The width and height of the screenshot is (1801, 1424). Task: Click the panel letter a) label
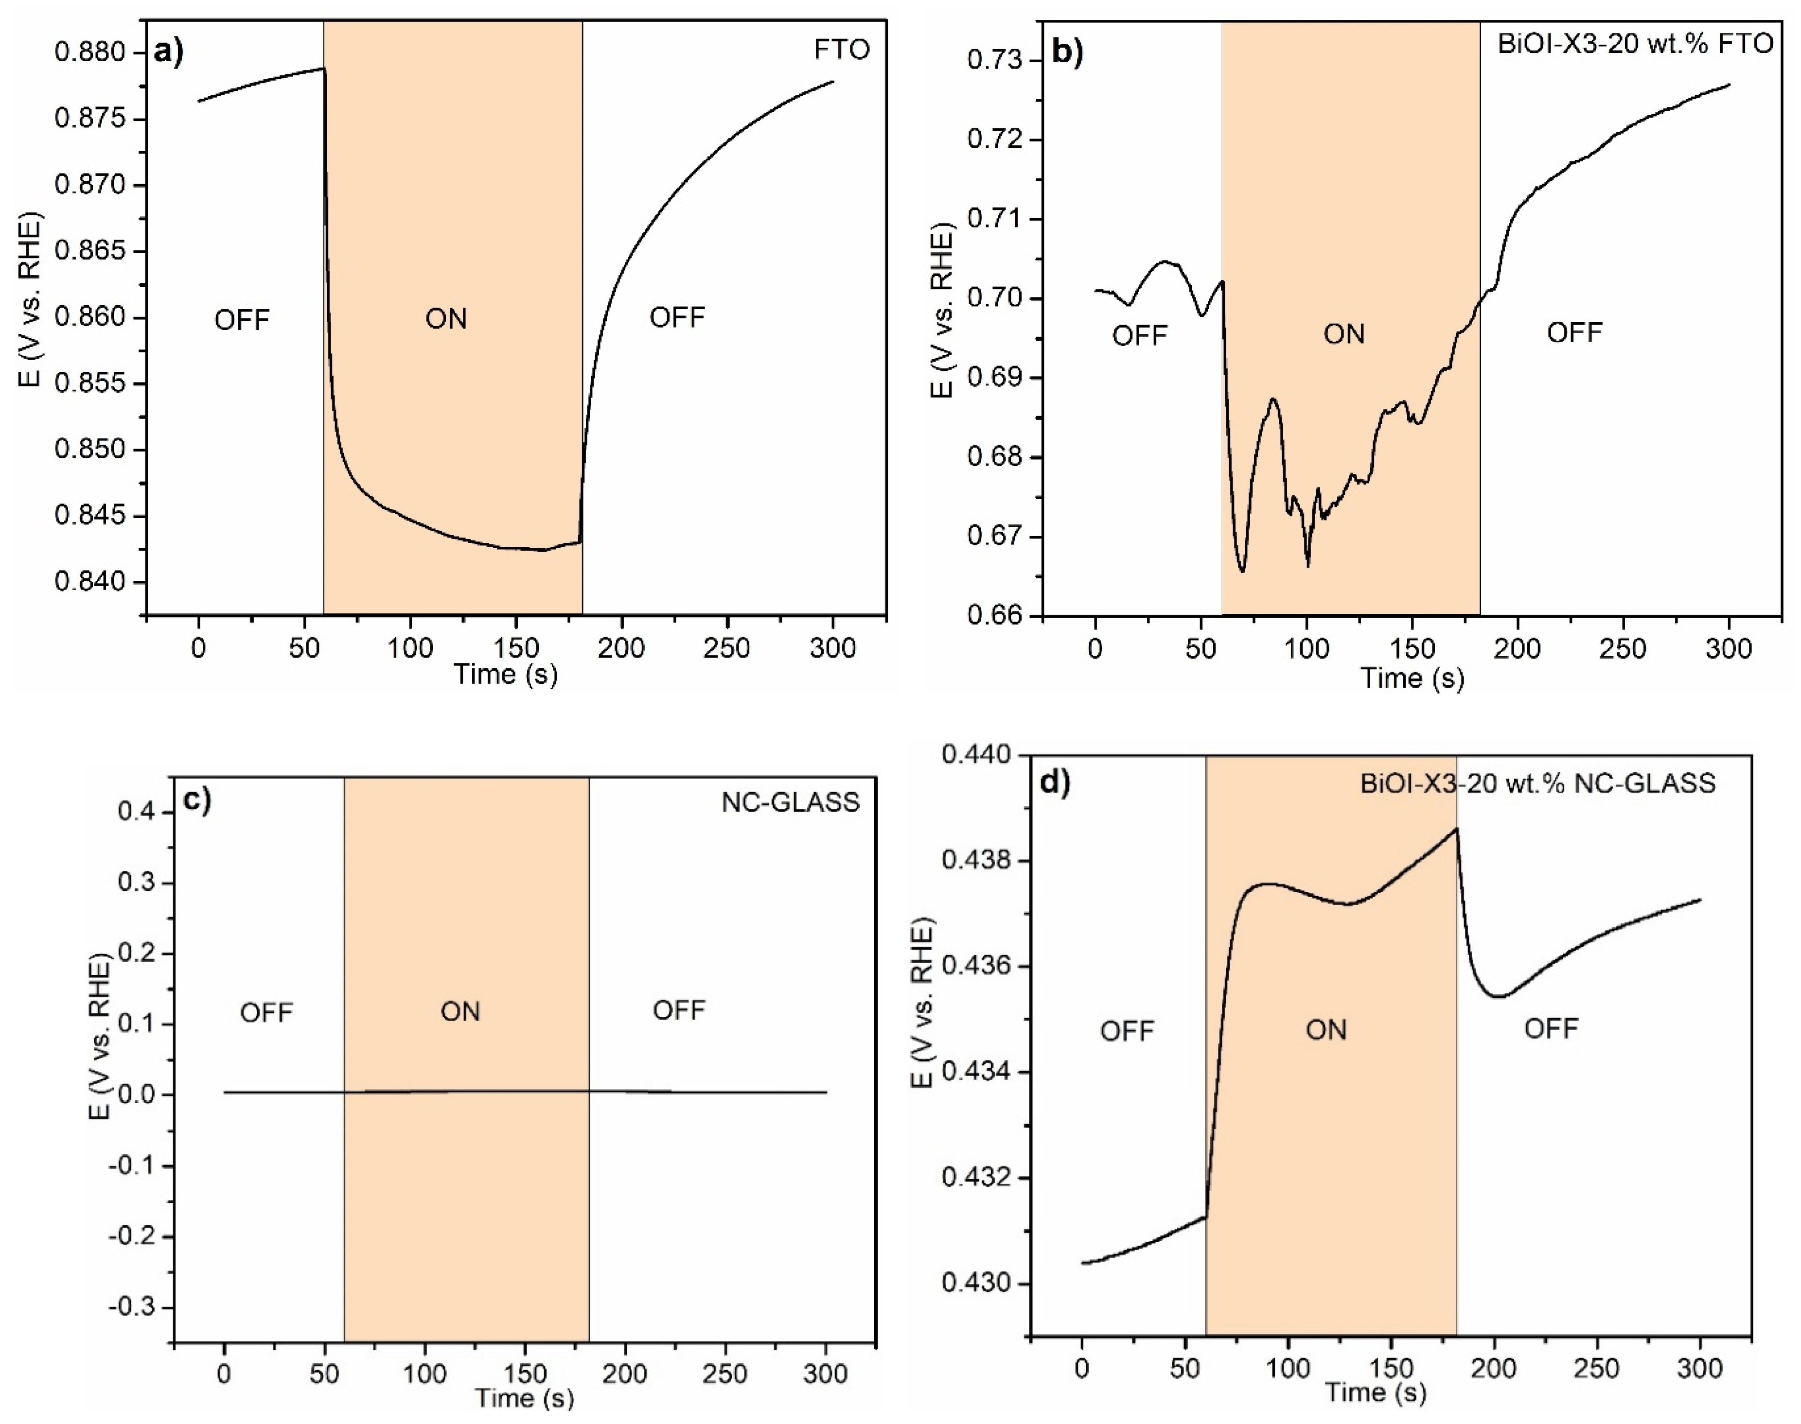(x=169, y=52)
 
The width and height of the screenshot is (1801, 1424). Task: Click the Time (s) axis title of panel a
(x=506, y=674)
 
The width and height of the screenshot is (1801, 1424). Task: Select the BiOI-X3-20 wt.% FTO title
(x=1635, y=43)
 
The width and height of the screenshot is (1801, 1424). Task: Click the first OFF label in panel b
(x=1140, y=335)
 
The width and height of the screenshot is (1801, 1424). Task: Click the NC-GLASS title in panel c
(x=790, y=802)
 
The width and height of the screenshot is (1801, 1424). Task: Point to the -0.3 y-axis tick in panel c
(x=131, y=1306)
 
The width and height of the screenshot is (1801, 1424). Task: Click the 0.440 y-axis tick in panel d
(x=975, y=754)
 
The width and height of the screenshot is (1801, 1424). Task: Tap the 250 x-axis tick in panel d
(x=1596, y=1369)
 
